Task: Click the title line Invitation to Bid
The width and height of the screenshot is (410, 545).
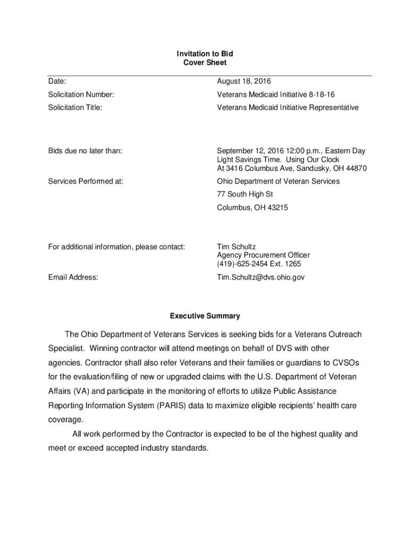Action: [x=204, y=54]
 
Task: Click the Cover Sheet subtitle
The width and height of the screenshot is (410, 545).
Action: [x=204, y=63]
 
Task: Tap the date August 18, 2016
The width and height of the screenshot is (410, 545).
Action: [x=244, y=81]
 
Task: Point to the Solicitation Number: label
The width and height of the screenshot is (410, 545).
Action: [x=81, y=95]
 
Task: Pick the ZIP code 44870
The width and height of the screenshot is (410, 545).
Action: [x=355, y=169]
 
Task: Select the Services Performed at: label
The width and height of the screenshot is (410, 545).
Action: [x=86, y=181]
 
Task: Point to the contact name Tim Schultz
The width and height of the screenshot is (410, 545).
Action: [x=236, y=247]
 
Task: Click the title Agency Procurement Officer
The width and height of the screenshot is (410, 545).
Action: [x=263, y=255]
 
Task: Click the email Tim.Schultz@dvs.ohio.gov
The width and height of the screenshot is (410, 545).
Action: [x=260, y=277]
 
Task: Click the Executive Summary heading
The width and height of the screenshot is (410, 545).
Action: [x=205, y=316]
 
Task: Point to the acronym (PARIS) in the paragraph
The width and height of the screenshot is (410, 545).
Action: [x=172, y=406]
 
